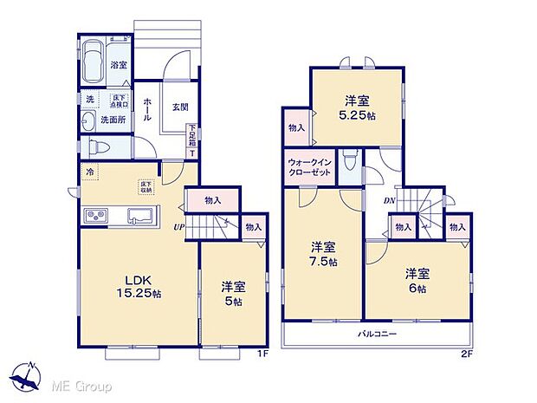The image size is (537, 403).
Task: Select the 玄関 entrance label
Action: pos(180,107)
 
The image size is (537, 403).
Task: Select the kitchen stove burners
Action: pos(94,215)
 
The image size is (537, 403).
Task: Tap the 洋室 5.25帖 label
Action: pos(358,107)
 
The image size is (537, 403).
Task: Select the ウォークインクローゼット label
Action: pos(309,166)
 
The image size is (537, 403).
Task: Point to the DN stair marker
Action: pos(391,199)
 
